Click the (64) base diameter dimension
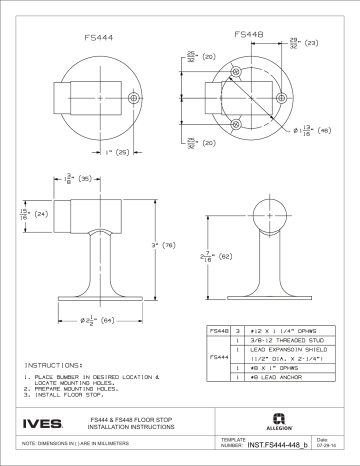(102, 319)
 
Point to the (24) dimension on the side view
(38, 213)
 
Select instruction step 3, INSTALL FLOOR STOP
(70, 397)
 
